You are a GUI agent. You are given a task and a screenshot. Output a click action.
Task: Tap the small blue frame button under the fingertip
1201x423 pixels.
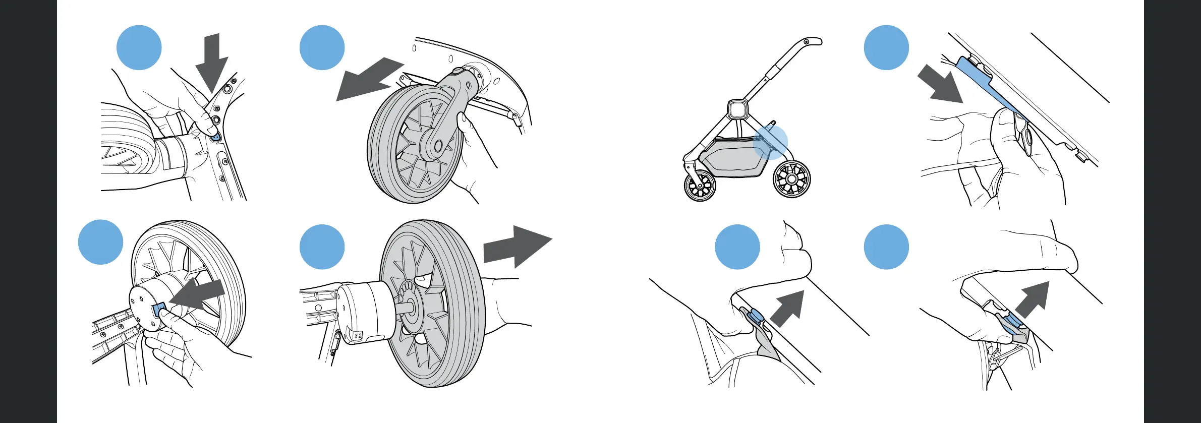216,137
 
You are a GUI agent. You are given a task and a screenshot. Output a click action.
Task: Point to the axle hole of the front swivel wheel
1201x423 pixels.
437,146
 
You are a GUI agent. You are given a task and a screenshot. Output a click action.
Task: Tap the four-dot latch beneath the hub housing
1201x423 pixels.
357,336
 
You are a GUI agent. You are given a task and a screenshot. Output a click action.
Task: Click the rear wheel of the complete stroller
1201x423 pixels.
791,179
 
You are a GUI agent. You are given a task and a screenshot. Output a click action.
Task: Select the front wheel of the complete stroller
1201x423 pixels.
700,186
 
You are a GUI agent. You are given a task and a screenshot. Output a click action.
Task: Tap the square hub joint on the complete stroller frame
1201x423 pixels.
737,108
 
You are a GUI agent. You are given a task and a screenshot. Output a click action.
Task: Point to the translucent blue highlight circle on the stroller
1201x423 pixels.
770,142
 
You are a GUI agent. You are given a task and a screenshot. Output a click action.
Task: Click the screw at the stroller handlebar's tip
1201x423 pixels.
807,41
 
